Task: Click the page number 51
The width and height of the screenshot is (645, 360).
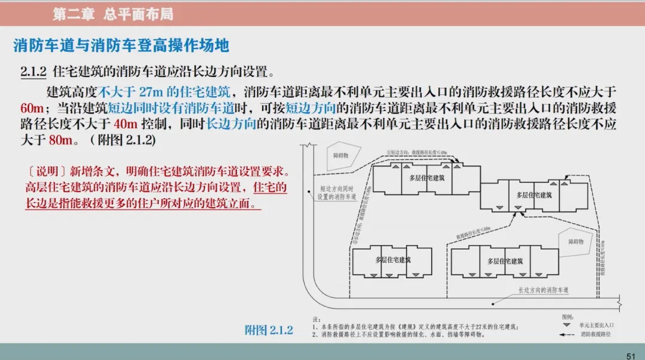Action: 630,355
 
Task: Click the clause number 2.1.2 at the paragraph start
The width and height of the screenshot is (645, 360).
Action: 33,72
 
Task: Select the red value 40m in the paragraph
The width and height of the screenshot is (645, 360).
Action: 125,125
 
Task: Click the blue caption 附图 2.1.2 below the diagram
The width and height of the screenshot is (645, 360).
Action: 269,330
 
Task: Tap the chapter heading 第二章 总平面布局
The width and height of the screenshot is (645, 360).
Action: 113,14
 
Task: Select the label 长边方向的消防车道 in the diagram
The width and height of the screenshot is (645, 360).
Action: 543,290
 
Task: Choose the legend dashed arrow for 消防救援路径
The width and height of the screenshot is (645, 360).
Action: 566,335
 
